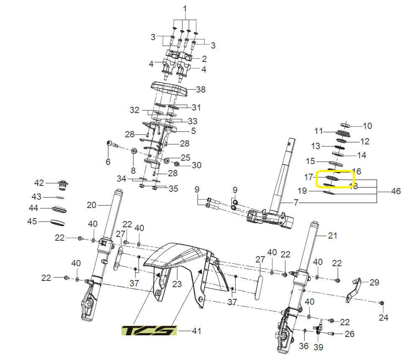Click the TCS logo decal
149,331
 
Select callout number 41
196,331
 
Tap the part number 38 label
201,89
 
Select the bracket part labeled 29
354,289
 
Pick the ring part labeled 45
59,222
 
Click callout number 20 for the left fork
91,205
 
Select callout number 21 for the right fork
332,236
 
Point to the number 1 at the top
185,9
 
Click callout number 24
383,317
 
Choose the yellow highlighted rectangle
335,179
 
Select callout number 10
367,126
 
